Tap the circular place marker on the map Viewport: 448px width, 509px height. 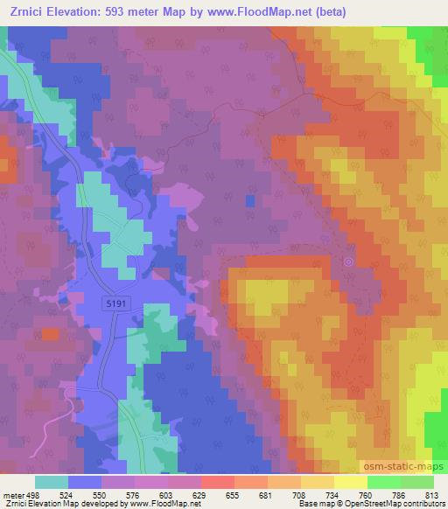coord(349,261)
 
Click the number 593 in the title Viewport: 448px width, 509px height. coord(122,12)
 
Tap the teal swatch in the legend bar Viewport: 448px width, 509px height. coord(51,482)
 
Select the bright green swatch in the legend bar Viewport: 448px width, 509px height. coord(384,482)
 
